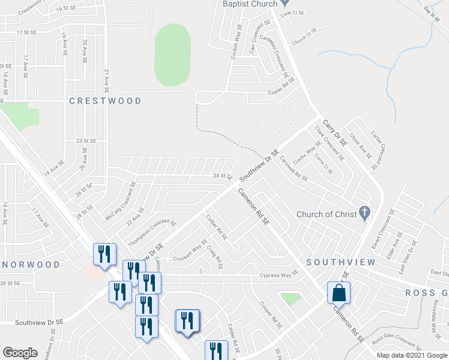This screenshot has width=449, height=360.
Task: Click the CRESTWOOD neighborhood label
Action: [x=105, y=101]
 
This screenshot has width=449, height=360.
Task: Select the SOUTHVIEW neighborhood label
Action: [x=341, y=262]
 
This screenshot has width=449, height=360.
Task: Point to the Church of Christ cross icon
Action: [x=363, y=213]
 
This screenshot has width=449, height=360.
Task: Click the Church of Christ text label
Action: [x=327, y=214]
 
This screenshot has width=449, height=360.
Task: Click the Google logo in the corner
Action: [x=20, y=353]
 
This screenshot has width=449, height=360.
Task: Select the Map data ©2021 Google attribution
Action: [x=412, y=355]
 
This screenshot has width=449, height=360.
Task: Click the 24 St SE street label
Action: [x=222, y=176]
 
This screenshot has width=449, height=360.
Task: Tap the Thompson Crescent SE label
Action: [x=152, y=232]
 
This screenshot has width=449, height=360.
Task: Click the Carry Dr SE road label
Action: [x=336, y=133]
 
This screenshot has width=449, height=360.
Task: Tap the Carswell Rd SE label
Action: [x=294, y=167]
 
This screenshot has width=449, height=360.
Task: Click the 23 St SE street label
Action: [x=86, y=140]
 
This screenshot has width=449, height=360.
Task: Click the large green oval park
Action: [x=172, y=55]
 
